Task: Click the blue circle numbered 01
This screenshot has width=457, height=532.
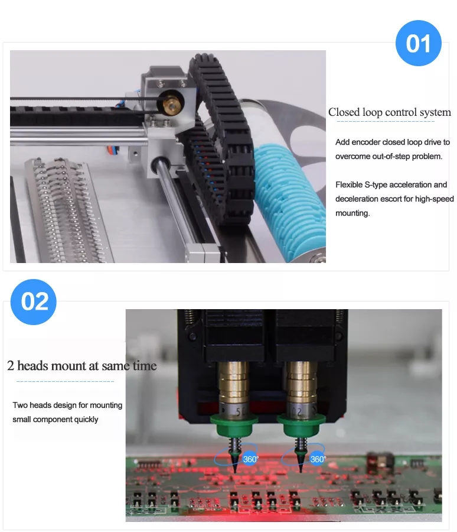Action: (x=419, y=43)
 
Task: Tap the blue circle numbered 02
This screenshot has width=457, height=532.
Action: (x=33, y=301)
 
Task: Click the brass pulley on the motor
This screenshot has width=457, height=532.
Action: (x=170, y=103)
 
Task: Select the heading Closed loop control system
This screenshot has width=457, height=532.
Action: (x=390, y=112)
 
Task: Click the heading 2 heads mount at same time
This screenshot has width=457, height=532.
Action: (x=82, y=366)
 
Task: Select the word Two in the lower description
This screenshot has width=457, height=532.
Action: (x=20, y=405)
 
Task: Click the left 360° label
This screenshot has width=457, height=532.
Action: (x=250, y=459)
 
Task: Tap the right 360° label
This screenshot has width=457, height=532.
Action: (x=317, y=459)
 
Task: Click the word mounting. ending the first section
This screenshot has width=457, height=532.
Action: (x=352, y=213)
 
